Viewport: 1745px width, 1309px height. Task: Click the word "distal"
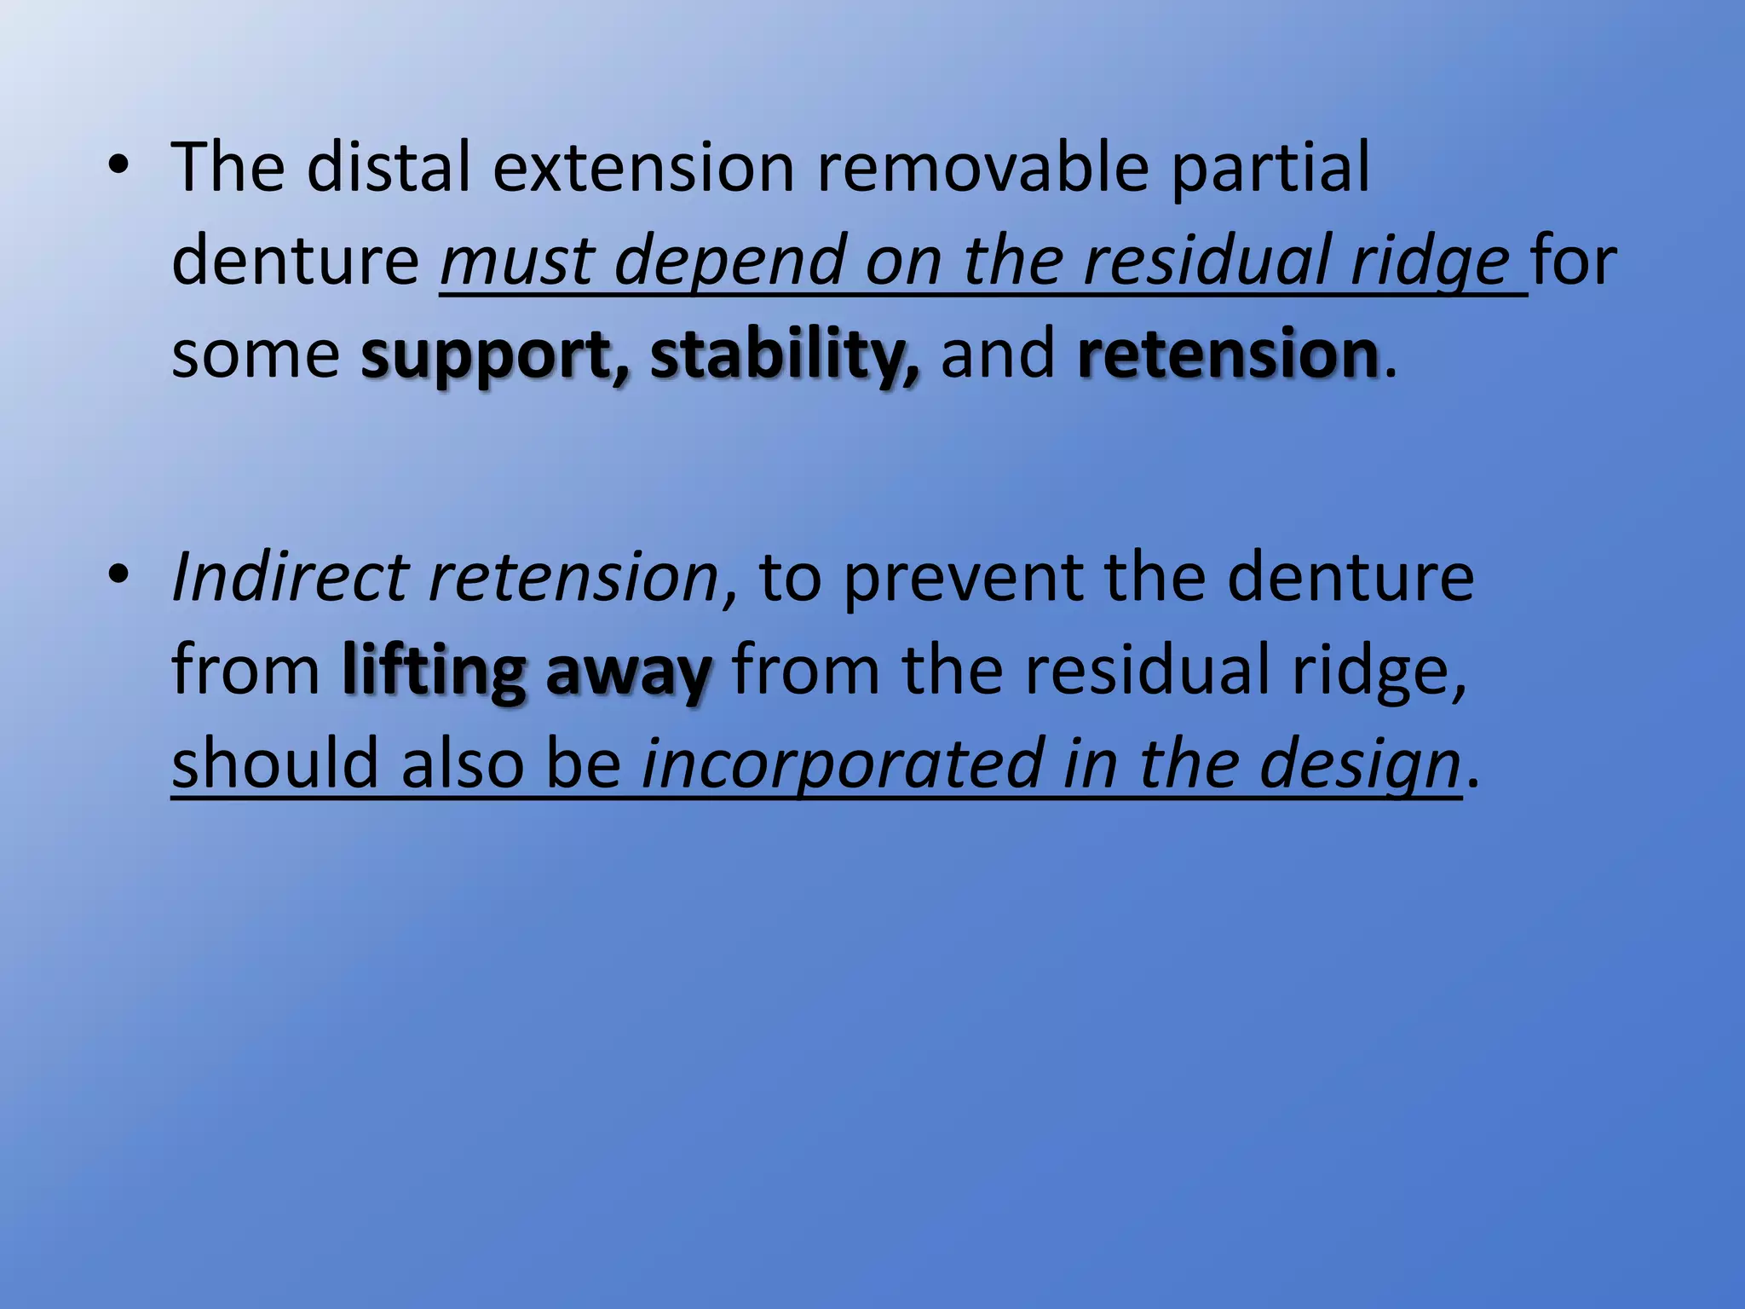point(388,167)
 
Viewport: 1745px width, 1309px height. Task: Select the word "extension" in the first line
point(643,167)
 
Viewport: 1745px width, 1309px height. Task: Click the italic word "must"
point(516,261)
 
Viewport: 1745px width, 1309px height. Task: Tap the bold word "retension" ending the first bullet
point(1228,355)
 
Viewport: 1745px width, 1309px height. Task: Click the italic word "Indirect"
point(289,578)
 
